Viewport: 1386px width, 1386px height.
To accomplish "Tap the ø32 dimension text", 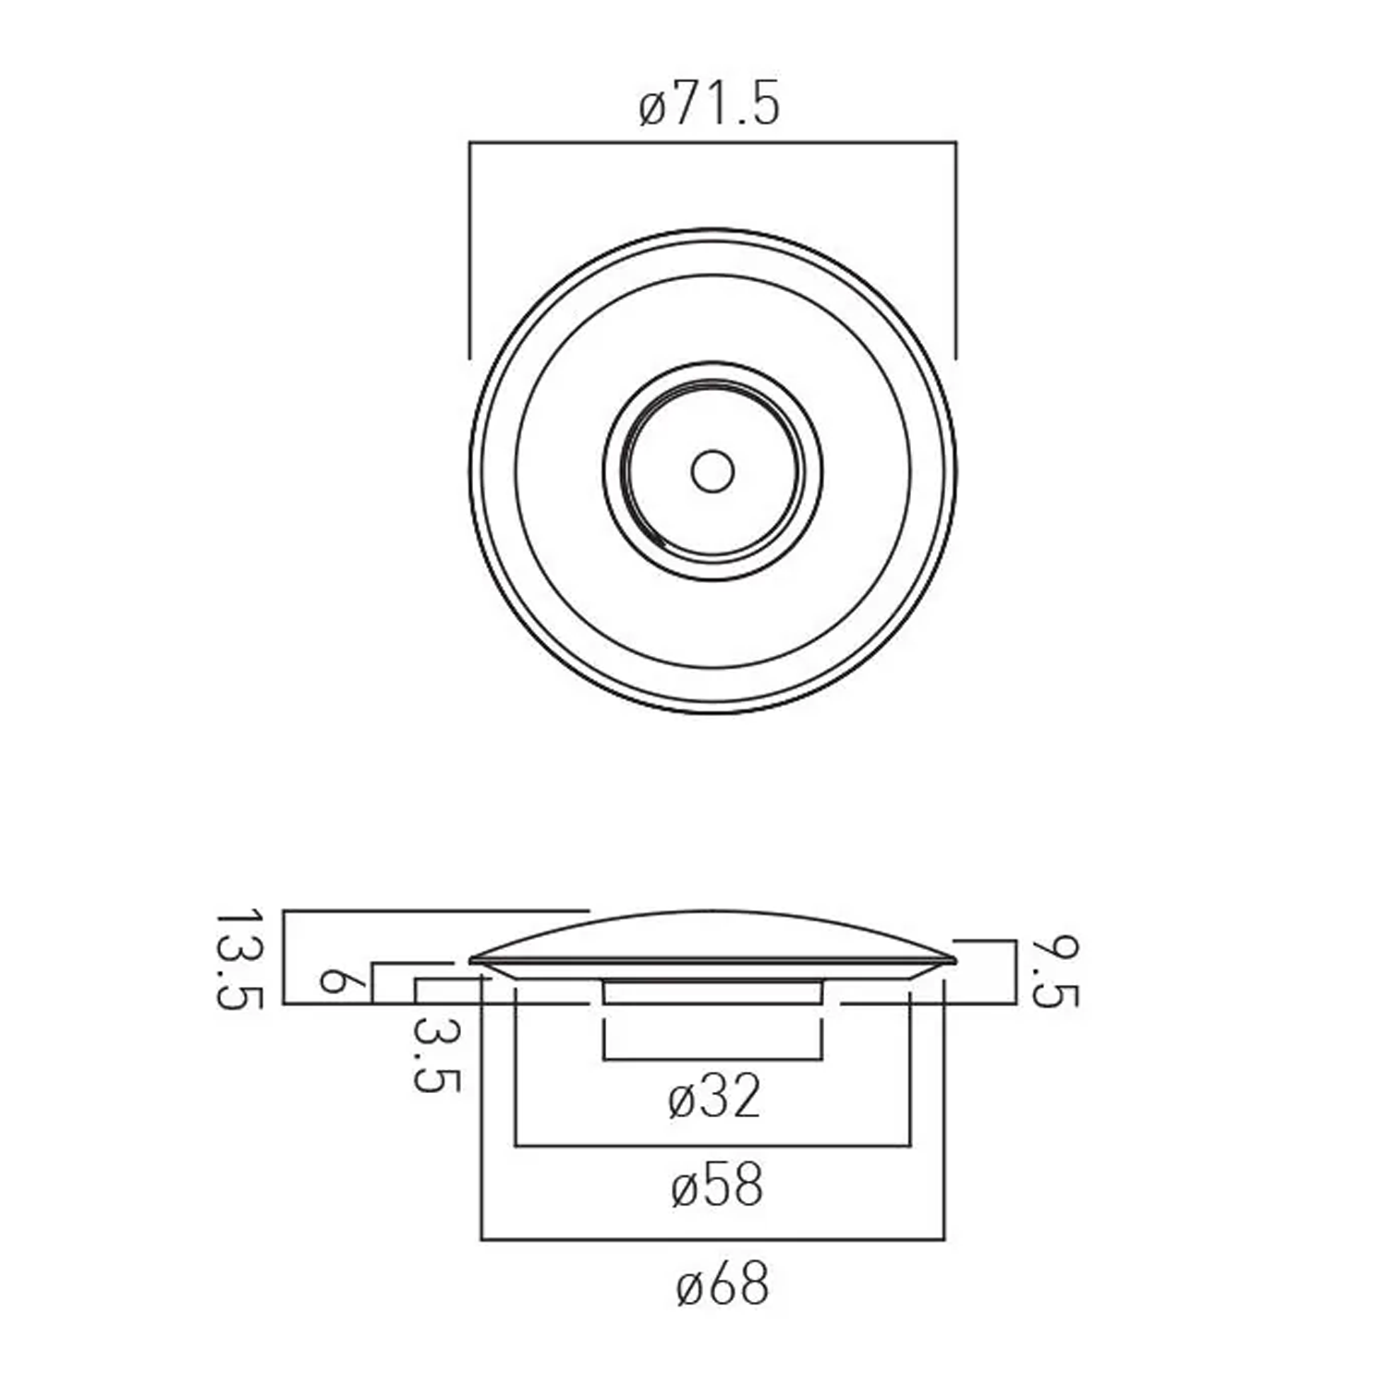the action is tap(713, 1097).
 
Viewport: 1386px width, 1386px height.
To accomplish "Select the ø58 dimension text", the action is tap(717, 1185).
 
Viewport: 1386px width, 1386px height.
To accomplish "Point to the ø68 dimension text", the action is tap(722, 1284).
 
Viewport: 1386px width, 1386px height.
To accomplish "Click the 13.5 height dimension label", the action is tap(239, 960).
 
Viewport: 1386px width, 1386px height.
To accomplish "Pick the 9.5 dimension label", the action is tap(1053, 971).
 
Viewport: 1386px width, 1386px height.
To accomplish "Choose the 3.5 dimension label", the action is tap(435, 1054).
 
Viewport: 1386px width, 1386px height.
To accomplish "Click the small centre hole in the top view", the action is tap(712, 471).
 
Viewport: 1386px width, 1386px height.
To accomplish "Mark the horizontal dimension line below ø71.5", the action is tap(712, 143).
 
